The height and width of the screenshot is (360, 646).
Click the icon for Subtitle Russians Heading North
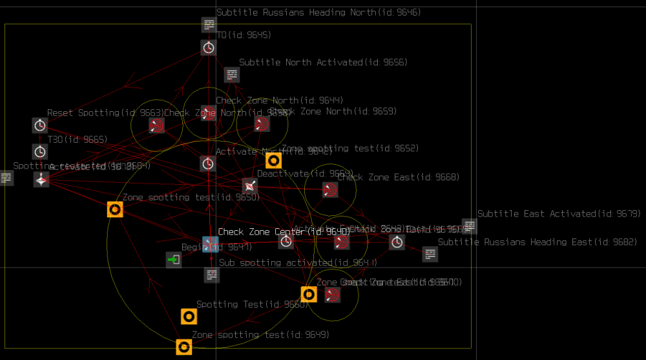pos(209,25)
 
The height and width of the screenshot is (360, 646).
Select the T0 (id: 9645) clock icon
pos(209,47)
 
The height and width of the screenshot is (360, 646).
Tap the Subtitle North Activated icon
pos(232,74)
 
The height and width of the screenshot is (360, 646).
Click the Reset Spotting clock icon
pos(40,125)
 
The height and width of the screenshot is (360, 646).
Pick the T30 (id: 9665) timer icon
pos(40,152)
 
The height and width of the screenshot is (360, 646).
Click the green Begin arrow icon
pos(173,260)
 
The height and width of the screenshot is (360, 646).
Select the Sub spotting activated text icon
pos(211,275)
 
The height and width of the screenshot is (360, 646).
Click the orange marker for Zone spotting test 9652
pos(273,160)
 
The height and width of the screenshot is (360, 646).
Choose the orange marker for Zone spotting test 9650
pos(115,209)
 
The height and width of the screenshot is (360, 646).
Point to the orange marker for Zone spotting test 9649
pos(183,347)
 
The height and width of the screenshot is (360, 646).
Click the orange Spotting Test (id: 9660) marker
pos(188,316)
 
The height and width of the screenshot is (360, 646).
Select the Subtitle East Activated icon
pos(470,226)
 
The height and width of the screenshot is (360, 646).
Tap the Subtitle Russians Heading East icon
pos(430,254)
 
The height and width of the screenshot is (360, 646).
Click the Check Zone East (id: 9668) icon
pos(330,189)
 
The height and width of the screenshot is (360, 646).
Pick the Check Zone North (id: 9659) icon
pos(262,123)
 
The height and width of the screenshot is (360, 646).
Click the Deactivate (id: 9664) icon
pos(249,185)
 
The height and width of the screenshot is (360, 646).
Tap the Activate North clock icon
pos(207,163)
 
